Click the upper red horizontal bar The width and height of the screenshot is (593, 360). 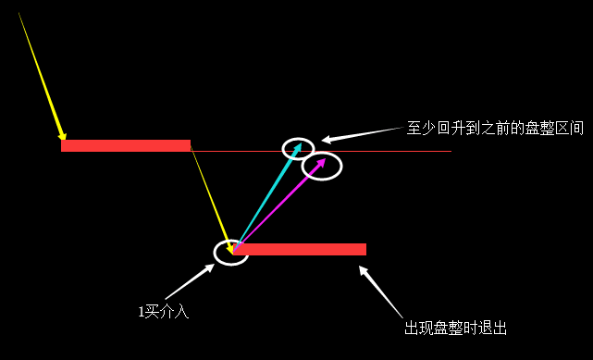tap(126, 145)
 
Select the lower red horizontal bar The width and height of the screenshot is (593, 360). tap(301, 249)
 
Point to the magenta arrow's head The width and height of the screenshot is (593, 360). tap(324, 160)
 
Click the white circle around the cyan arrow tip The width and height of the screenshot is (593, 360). tap(298, 148)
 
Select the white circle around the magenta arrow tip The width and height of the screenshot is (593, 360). tap(322, 166)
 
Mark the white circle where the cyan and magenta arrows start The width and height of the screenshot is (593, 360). tap(231, 251)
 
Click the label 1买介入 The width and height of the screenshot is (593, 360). tap(164, 312)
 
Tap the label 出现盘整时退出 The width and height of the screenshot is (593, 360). tap(455, 329)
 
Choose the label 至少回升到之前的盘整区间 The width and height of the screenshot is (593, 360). tap(495, 129)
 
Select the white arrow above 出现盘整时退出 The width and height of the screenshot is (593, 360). tap(380, 292)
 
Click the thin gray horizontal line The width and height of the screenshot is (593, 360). tap(407, 151)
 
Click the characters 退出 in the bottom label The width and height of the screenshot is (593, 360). tap(494, 329)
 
